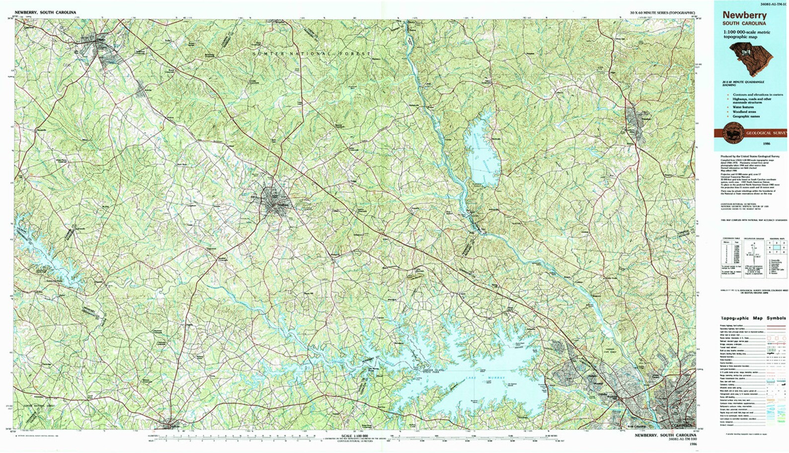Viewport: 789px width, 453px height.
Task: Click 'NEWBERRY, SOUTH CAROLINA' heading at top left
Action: click(x=45, y=12)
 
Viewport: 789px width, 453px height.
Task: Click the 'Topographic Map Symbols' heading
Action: click(x=753, y=318)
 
